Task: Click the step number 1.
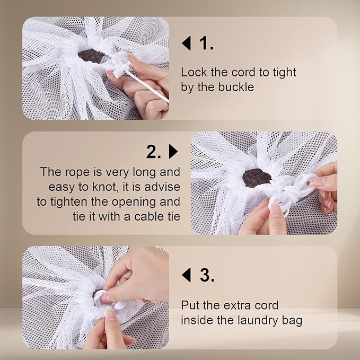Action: (206, 43)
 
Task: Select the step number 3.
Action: (206, 275)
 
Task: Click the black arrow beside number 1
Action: (186, 43)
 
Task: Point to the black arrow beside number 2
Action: (173, 152)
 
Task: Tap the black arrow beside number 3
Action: (186, 275)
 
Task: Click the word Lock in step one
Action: (193, 73)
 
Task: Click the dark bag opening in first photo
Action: (91, 55)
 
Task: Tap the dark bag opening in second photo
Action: (257, 178)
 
